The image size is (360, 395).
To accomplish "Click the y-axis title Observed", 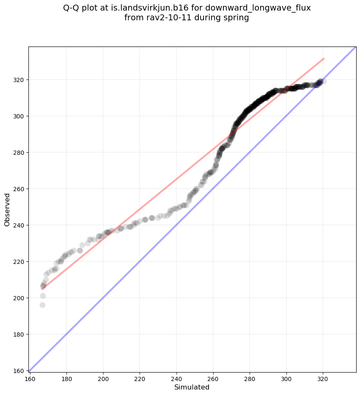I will point(7,209).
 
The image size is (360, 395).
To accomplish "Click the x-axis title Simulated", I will point(192,387).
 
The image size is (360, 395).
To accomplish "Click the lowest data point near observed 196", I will point(42,305).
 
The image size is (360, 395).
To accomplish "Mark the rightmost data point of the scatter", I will point(323,81).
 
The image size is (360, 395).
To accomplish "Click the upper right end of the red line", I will point(324,58).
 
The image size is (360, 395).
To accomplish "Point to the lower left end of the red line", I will point(42,289).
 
